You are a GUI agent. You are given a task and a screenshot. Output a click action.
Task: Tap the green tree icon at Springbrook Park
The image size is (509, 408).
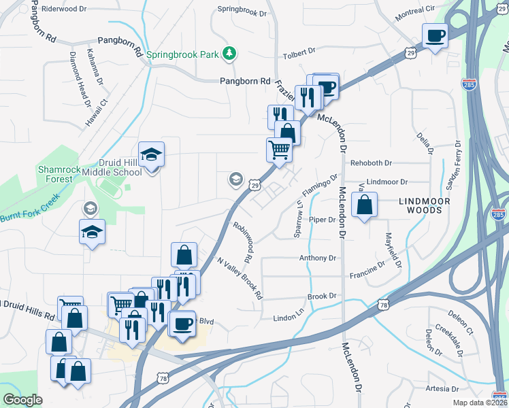click(231, 52)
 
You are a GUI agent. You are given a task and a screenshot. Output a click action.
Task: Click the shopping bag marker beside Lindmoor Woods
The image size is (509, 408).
click(365, 205)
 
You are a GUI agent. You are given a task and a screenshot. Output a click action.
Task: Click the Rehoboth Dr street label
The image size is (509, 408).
click(372, 163)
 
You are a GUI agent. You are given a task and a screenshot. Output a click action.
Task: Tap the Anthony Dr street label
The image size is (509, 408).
click(318, 258)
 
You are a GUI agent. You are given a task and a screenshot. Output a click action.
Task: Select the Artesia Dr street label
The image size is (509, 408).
click(442, 389)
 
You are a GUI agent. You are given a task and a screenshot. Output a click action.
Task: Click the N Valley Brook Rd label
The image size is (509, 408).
click(240, 277)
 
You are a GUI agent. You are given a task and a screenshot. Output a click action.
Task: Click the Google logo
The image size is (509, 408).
click(22, 400)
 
